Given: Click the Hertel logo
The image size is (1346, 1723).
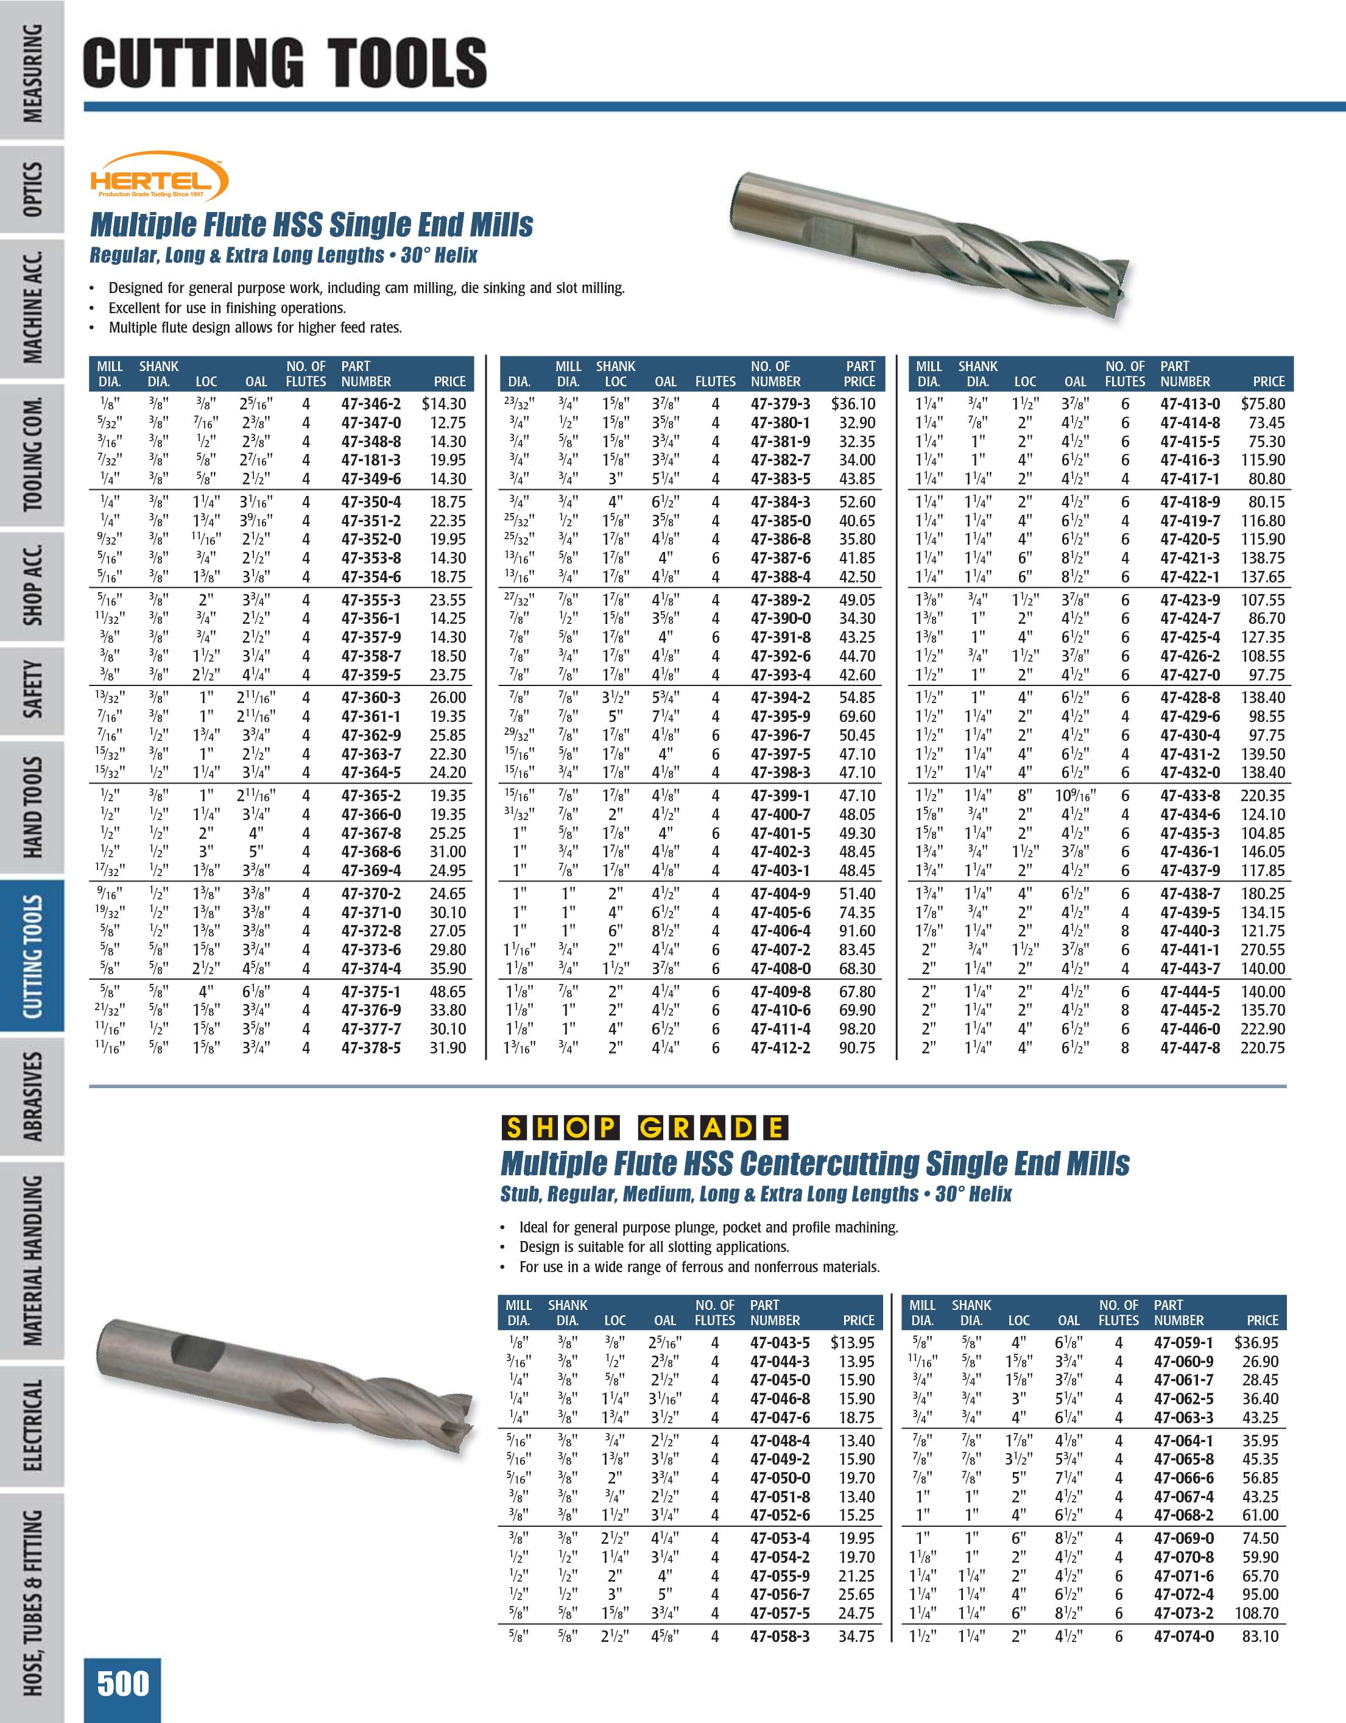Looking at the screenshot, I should coord(158,176).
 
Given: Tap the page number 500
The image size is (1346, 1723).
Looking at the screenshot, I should coord(123,1683).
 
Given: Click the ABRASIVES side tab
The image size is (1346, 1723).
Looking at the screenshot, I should coord(32,1096).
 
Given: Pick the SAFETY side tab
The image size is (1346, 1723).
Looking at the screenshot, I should coord(32,690).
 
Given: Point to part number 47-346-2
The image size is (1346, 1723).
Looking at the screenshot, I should coord(370,404).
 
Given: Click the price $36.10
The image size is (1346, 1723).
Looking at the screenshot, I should coord(853,404).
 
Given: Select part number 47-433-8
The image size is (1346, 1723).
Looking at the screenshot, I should coord(1190,796).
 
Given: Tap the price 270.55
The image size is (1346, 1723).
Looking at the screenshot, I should coord(1263,950).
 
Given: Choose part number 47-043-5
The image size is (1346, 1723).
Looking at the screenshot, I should coord(780,1343).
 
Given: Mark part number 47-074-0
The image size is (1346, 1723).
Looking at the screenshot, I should coord(1183,1636).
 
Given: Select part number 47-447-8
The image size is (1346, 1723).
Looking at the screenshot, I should coord(1190,1048).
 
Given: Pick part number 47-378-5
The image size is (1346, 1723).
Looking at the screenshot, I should coord(370,1048).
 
